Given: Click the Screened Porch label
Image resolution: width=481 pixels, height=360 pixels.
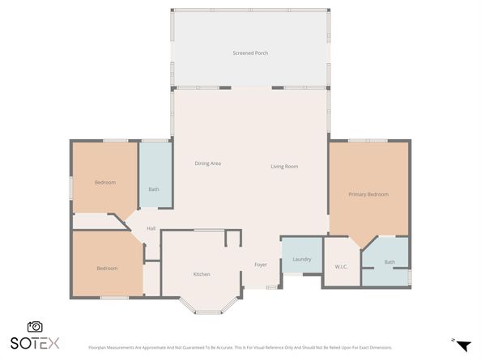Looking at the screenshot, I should coord(250,53).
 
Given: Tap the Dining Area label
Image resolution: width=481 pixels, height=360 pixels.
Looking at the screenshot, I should coord(208,163).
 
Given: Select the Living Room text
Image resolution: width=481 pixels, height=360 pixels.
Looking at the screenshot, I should coord(284,167).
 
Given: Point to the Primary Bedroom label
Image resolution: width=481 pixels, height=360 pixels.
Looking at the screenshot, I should coord(368,194).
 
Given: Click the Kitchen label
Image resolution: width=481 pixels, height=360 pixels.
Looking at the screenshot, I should coord(202,274).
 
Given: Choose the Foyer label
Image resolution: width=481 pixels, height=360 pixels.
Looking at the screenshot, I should coord(261,265).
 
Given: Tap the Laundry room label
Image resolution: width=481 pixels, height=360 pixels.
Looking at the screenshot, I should coord(302,259).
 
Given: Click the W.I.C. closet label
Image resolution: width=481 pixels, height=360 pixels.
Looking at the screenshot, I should coord(341,265).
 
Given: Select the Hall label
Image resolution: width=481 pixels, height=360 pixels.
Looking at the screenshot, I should coord(151,229).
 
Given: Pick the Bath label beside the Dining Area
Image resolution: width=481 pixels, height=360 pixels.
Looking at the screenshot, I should coord(154,189).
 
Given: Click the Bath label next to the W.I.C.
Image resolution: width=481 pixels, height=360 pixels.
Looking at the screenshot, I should coord(389,261).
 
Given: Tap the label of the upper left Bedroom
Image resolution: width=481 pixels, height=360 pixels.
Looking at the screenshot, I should coord(105,183).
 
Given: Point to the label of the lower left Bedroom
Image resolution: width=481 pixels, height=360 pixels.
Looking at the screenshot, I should coord(108,269).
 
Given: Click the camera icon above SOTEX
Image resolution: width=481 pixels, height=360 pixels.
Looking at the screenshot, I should coord(35,327).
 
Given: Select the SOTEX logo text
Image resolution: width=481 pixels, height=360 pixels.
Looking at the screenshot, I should coord(35,343).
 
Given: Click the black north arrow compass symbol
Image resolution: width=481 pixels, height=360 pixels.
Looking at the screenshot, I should coord(463,345).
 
